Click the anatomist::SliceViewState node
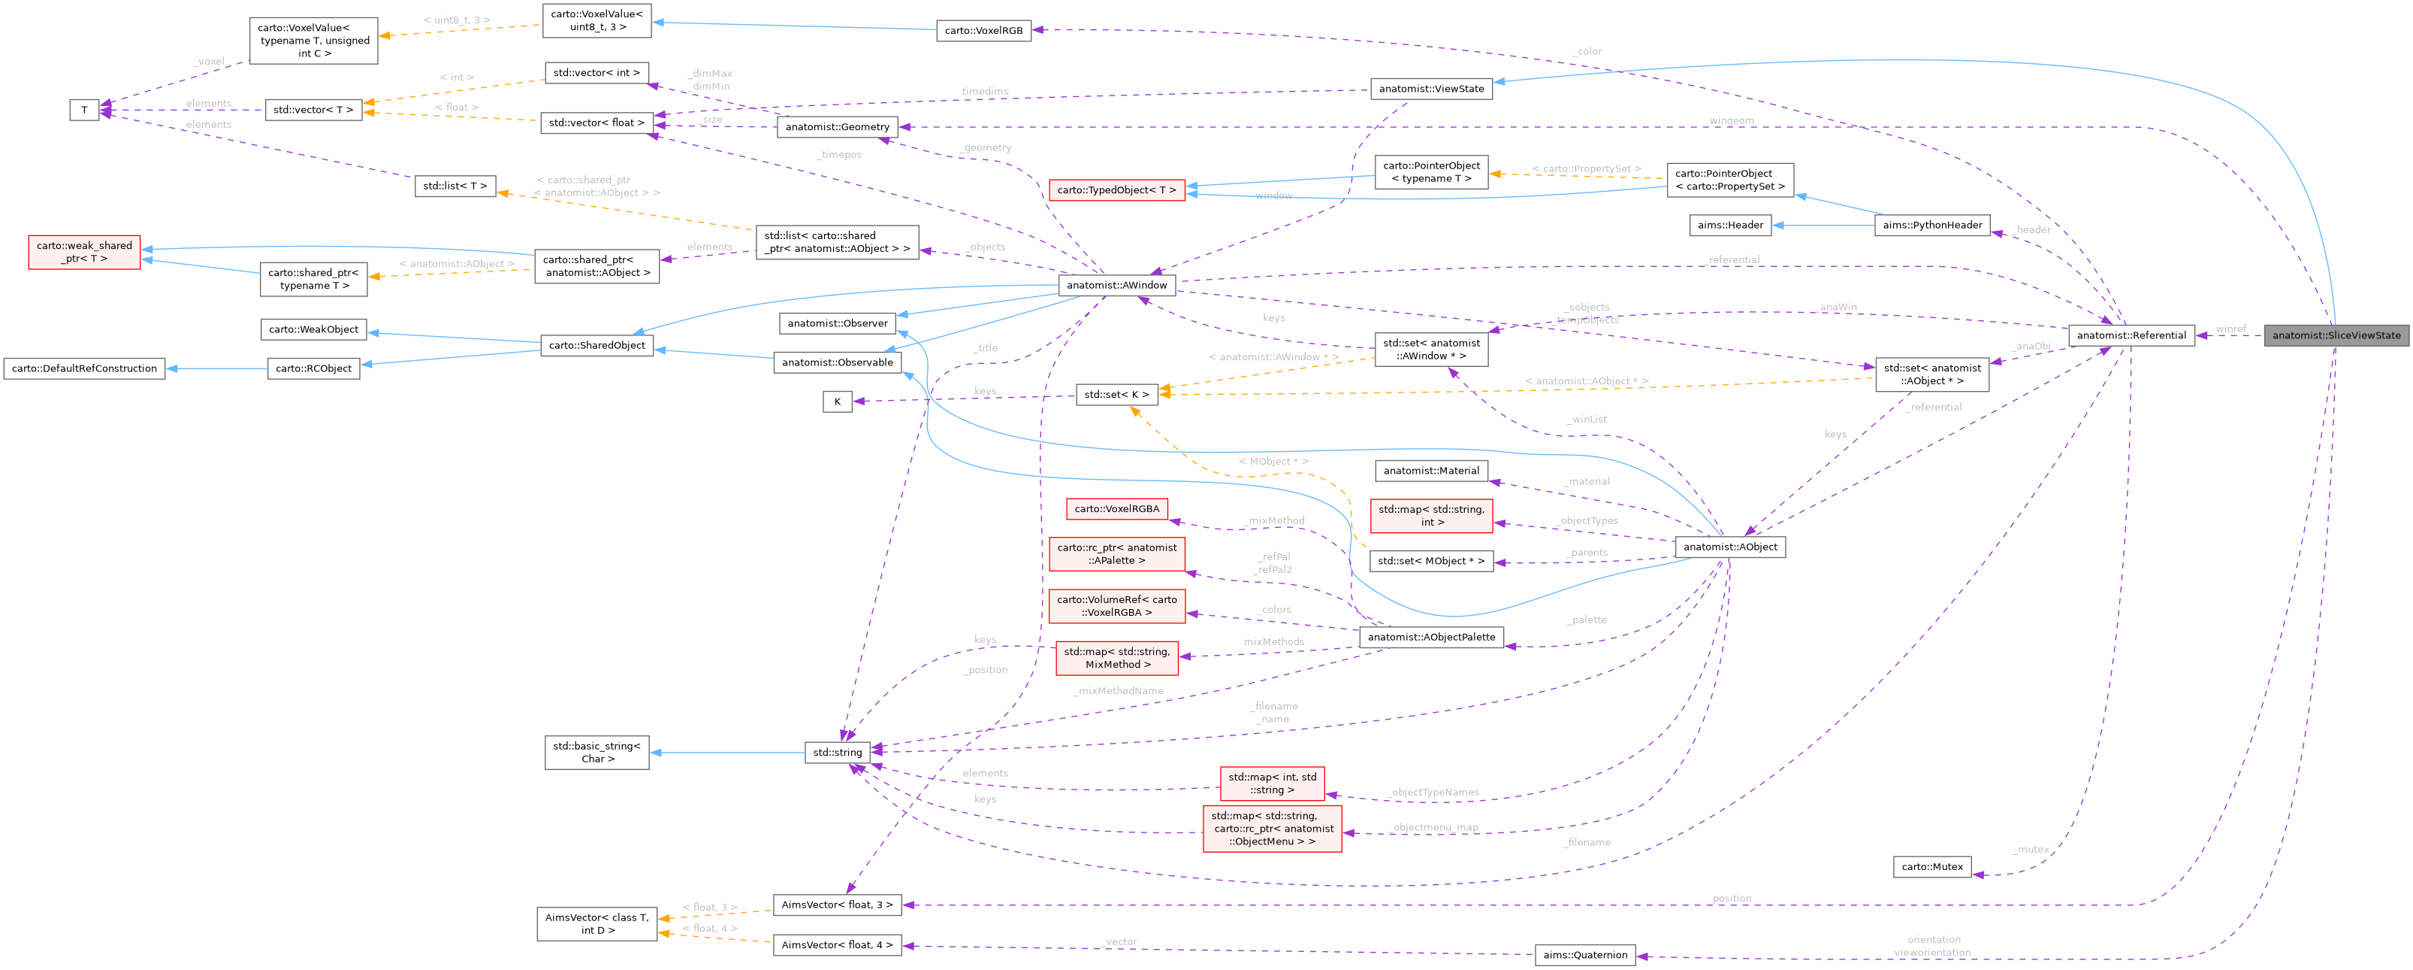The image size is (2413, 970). pos(2336,335)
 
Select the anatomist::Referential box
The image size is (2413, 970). pos(2131,335)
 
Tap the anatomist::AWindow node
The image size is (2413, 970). pos(1116,285)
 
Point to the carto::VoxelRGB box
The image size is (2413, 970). pos(983,31)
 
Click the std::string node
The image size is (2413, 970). pos(838,752)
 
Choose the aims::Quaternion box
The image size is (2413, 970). pos(1585,955)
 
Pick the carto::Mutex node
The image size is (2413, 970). pos(1931,867)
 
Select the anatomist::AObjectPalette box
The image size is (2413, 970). pos(1431,638)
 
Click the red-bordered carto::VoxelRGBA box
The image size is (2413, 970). pos(1116,509)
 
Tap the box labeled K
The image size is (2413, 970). pos(838,402)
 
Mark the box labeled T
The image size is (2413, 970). pos(84,111)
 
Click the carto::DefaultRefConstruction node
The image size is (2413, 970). pos(84,368)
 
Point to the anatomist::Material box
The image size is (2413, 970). pos(1431,471)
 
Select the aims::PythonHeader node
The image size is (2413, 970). pos(1931,225)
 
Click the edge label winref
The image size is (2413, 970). pos(2230,329)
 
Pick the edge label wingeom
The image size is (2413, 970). pos(1731,121)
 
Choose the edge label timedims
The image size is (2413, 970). pos(984,92)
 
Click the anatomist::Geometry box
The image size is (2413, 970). pos(838,126)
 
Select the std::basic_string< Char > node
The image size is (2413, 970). pos(596,753)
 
